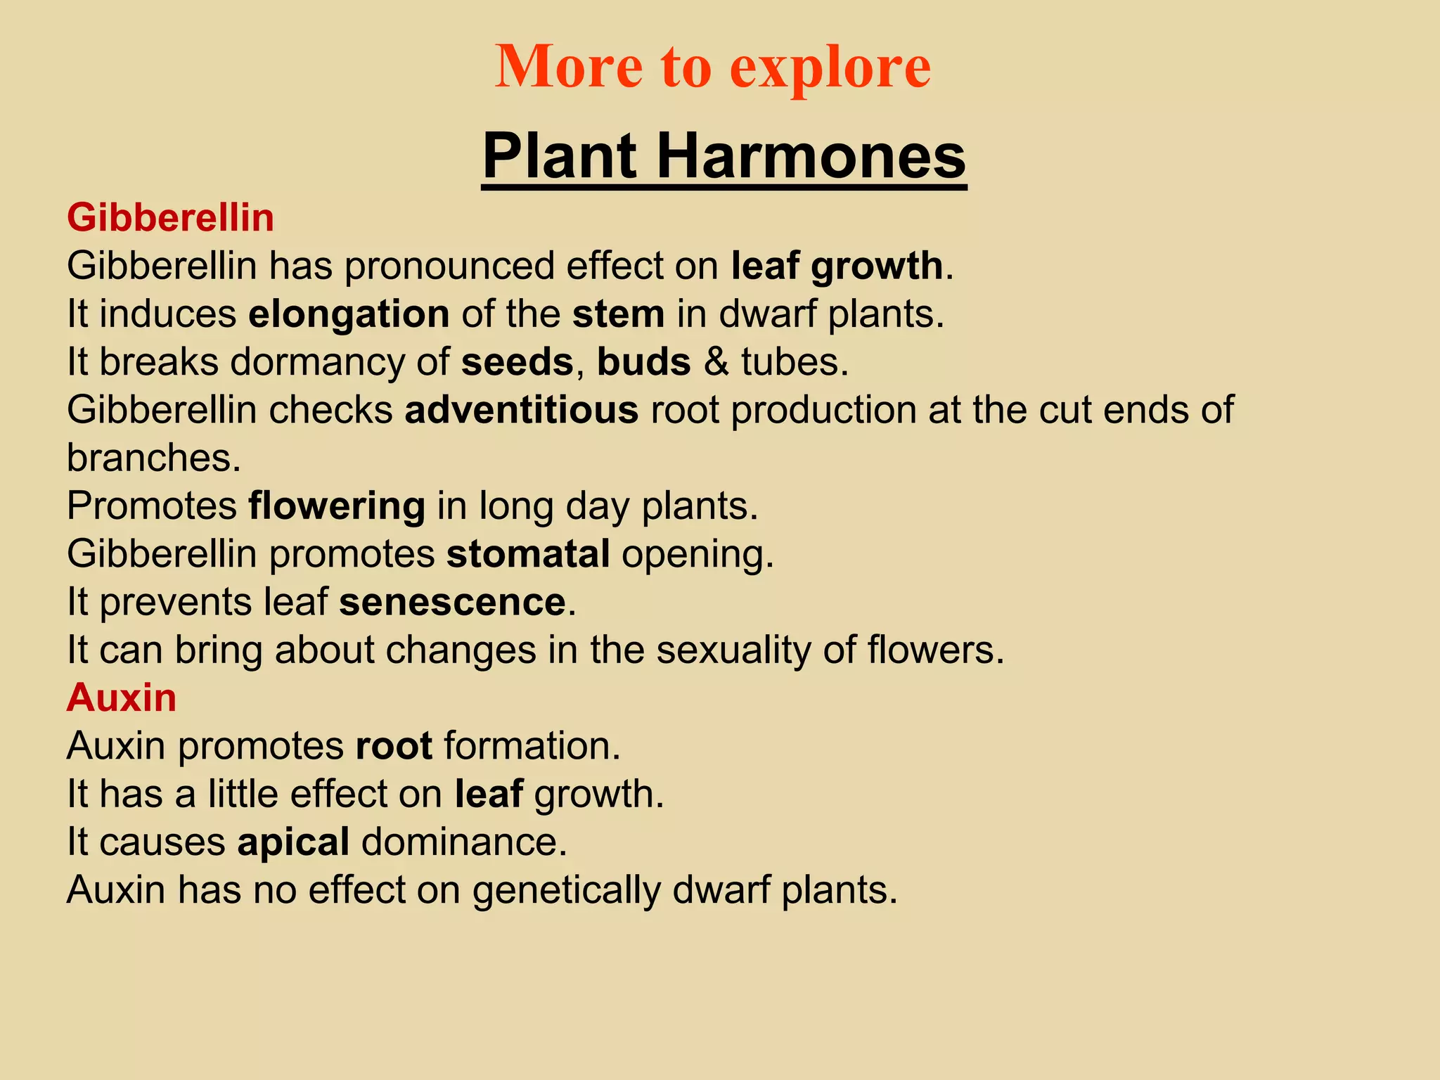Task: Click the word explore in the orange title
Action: pyautogui.click(x=830, y=67)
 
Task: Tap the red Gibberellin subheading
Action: pyautogui.click(x=170, y=217)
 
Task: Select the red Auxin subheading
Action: pyautogui.click(x=122, y=697)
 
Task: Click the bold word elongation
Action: pyautogui.click(x=349, y=314)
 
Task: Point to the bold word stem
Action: pyautogui.click(x=618, y=314)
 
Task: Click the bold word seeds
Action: pyautogui.click(x=517, y=362)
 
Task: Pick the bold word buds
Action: pyautogui.click(x=643, y=362)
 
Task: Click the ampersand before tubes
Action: pyautogui.click(x=716, y=362)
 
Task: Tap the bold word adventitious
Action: pyautogui.click(x=521, y=410)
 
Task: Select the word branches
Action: pyautogui.click(x=153, y=458)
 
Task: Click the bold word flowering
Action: pyautogui.click(x=337, y=506)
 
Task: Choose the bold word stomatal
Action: pyautogui.click(x=528, y=554)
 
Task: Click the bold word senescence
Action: pyautogui.click(x=452, y=603)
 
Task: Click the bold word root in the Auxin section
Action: pyautogui.click(x=394, y=746)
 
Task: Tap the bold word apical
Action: pyautogui.click(x=293, y=842)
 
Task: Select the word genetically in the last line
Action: pyautogui.click(x=566, y=891)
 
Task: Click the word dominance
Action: pyautogui.click(x=463, y=842)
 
